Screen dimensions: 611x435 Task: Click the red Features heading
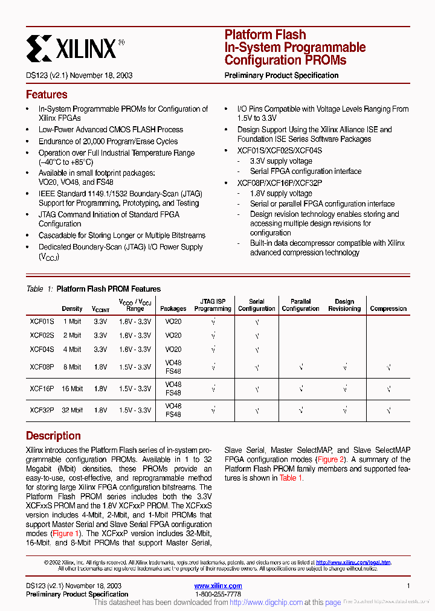click(x=47, y=95)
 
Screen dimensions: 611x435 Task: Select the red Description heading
click(x=53, y=436)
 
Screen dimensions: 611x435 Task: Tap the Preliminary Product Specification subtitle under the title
click(x=282, y=75)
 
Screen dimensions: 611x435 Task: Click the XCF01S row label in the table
click(x=42, y=322)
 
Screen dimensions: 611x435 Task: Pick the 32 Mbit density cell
click(x=72, y=411)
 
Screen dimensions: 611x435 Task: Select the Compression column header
click(x=388, y=309)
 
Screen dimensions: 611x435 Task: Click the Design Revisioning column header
click(x=344, y=305)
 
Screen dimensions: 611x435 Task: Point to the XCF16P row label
click(x=42, y=389)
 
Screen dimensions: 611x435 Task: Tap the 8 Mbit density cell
click(x=72, y=367)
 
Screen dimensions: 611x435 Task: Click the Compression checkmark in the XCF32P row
click(x=388, y=411)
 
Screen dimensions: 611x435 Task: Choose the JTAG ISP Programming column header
click(x=213, y=305)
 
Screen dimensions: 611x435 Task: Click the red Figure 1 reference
click(x=66, y=534)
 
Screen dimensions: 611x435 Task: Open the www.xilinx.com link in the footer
click(x=218, y=586)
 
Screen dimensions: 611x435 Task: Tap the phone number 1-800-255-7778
click(x=218, y=594)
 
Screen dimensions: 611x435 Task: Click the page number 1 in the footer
click(x=408, y=586)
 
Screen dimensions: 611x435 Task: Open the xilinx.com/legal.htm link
click(x=353, y=562)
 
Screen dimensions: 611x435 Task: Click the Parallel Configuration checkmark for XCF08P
click(x=300, y=367)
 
